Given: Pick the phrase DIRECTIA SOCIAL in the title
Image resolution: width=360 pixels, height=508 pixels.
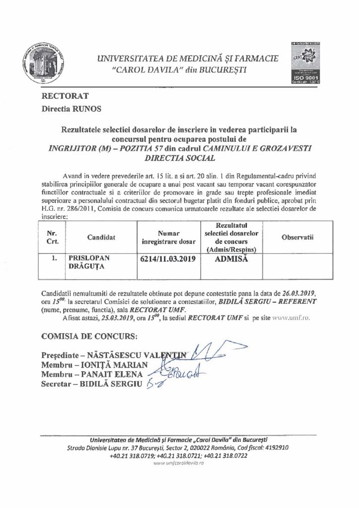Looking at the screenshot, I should (179, 159).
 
